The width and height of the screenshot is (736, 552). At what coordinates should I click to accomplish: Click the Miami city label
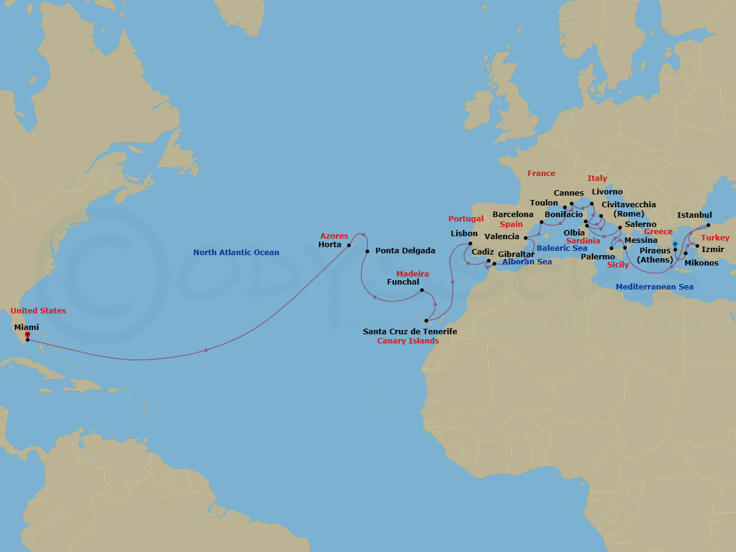26,328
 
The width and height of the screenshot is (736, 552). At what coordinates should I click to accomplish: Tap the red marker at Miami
27,335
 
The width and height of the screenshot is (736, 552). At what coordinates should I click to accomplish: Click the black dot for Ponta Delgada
367,251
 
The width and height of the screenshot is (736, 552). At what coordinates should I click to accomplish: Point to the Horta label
330,245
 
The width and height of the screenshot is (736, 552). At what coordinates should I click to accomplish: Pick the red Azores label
334,236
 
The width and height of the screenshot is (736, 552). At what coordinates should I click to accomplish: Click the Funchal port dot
421,290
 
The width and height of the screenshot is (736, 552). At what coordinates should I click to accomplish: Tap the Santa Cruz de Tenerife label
410,331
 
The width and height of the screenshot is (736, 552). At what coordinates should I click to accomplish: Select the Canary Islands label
408,341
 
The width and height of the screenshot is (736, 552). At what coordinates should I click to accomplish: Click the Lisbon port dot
470,243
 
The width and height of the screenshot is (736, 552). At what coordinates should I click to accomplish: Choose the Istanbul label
694,215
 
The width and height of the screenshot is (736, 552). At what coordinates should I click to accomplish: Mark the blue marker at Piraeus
675,244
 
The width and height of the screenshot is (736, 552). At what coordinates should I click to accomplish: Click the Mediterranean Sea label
654,286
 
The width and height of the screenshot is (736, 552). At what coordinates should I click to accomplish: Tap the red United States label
38,311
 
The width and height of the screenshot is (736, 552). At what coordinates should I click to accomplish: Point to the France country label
541,174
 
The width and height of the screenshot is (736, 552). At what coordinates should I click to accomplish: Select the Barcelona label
513,215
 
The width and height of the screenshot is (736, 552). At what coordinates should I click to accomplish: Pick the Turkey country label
715,238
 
